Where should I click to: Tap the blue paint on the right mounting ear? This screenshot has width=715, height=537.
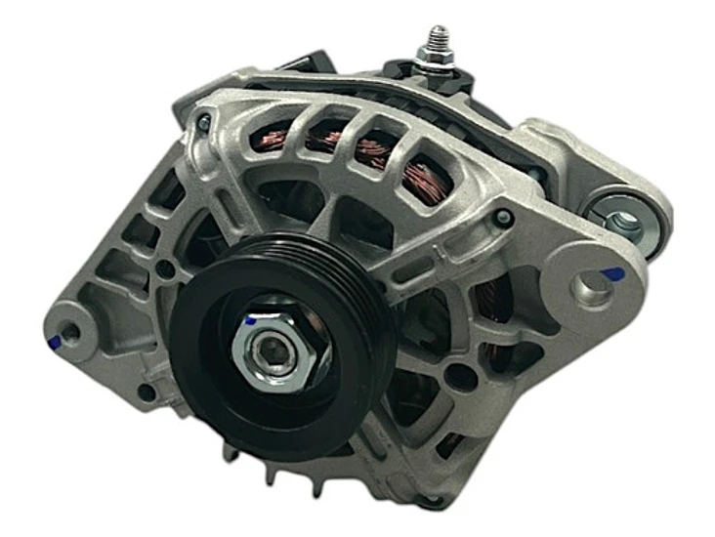[612, 274]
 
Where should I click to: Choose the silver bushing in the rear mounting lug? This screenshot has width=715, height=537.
[621, 219]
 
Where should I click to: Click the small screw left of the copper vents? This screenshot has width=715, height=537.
[203, 122]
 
